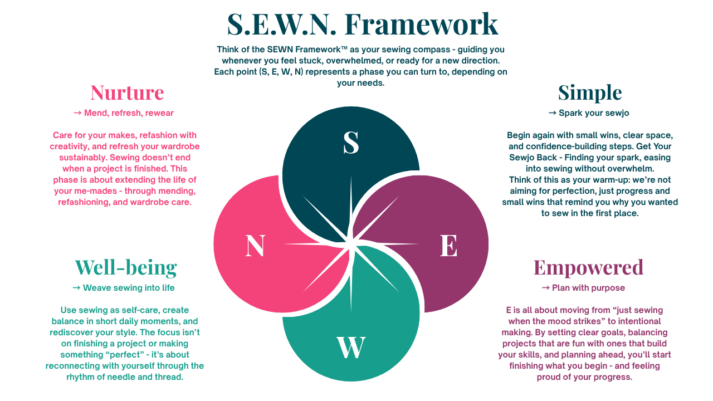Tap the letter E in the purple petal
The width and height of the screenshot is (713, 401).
pos(448,246)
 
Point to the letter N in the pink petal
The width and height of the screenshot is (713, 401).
pos(255,246)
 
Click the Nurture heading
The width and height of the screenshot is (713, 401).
pos(127,92)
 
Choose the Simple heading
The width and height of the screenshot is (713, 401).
pos(589,92)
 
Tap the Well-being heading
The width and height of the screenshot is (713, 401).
pos(126,267)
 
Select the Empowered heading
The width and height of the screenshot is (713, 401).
pos(588,267)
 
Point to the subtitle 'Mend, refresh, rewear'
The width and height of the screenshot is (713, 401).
pos(129,113)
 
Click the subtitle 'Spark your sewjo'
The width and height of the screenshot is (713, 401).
pos(594,113)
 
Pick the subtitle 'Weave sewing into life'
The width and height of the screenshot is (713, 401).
pos(129,288)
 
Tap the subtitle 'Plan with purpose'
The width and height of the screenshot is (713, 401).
pos(588,288)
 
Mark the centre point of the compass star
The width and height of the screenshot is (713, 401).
pos(351,244)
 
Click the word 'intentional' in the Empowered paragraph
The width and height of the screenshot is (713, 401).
pos(637,321)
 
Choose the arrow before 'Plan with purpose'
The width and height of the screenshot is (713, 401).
pos(545,288)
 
